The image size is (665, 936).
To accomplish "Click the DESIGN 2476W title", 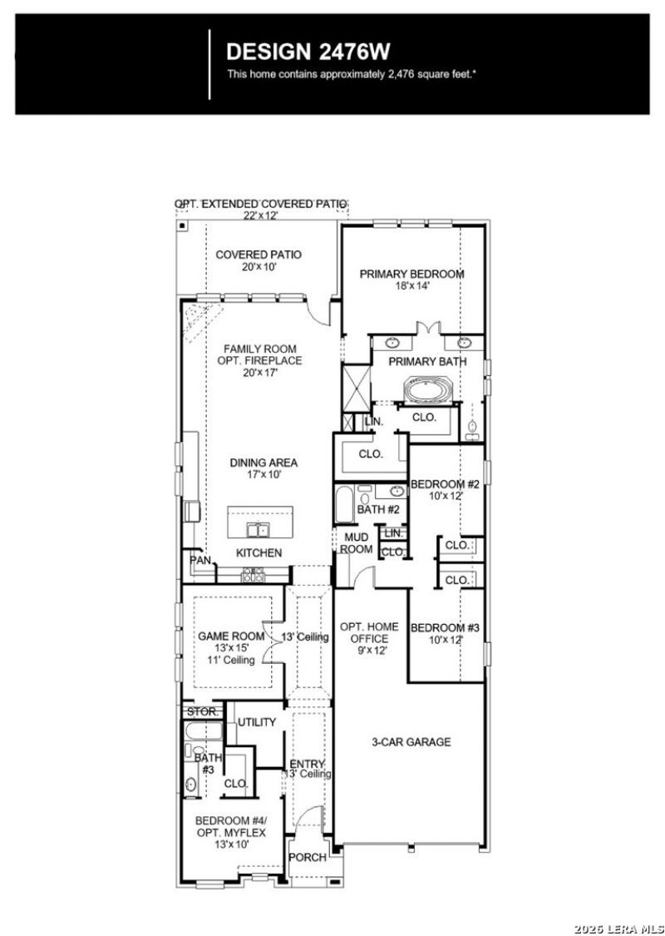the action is click(308, 52).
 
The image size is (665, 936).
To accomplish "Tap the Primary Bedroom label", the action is click(411, 274).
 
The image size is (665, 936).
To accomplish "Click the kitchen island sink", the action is click(259, 529).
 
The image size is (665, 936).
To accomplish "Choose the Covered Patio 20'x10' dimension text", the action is click(259, 267).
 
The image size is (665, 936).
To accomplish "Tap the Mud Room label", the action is click(356, 543).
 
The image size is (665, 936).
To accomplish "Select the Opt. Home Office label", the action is click(369, 632).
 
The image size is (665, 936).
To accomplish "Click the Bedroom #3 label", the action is click(446, 627).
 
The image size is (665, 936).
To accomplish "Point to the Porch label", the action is click(308, 857).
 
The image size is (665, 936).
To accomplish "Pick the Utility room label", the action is click(257, 722).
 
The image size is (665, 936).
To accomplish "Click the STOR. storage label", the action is click(203, 712).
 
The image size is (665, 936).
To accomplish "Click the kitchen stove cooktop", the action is click(253, 576).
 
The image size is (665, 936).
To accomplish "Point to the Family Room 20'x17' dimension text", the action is click(260, 373).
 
